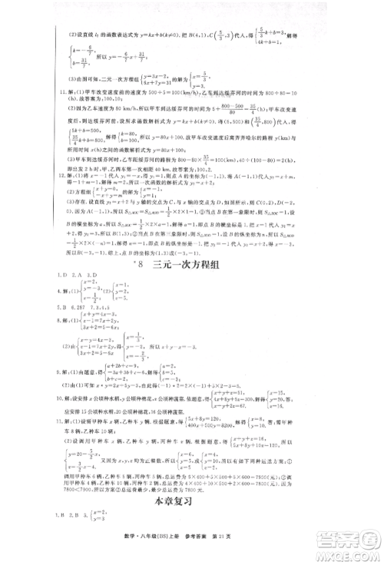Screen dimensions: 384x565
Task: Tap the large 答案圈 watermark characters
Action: coord(346,534)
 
